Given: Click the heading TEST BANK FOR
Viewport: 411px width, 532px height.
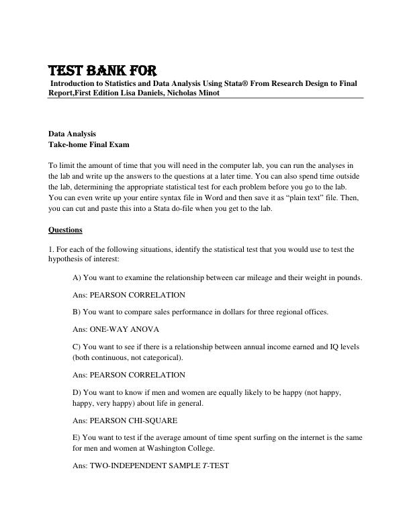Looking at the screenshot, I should click(102, 71).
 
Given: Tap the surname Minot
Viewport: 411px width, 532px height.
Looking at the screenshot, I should click(206, 93).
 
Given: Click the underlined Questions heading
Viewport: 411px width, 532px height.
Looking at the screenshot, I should click(65, 230).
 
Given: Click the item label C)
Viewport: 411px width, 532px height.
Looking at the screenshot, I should click(77, 347).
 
